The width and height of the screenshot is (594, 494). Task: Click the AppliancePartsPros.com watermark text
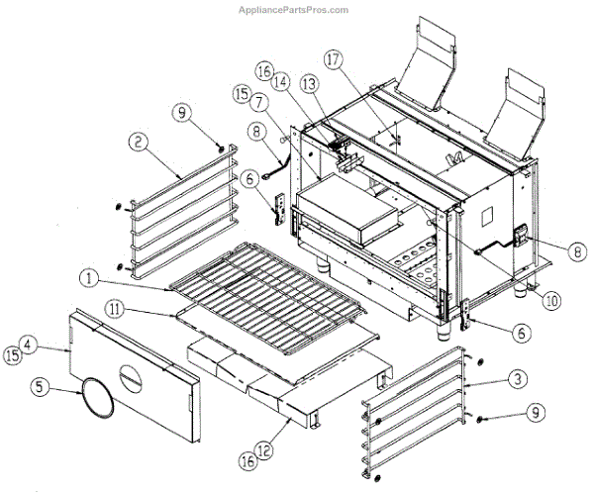pos(294,10)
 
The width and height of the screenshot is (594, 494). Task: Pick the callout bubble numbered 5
pos(257,101)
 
